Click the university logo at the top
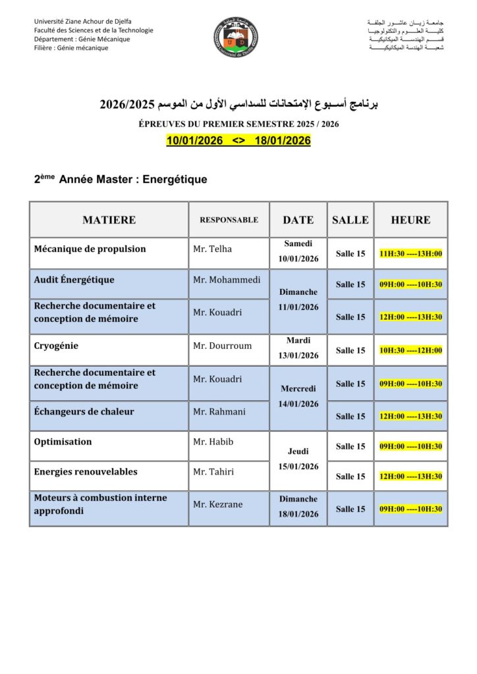(x=236, y=37)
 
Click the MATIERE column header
(x=109, y=220)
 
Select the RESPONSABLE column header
(x=229, y=220)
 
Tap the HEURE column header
(x=410, y=220)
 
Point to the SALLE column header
(x=350, y=220)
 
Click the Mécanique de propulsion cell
(x=90, y=249)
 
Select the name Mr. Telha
(x=213, y=249)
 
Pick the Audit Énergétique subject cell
(x=74, y=280)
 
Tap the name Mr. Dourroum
(x=222, y=346)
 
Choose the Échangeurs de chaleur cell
(x=84, y=412)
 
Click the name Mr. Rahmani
(x=219, y=412)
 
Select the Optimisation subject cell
(x=63, y=442)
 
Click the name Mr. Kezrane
(x=217, y=505)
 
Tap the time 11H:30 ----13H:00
(x=410, y=253)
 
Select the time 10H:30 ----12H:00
(x=410, y=350)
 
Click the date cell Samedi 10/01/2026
(x=298, y=251)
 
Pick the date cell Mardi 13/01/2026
(x=298, y=348)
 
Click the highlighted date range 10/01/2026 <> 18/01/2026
(x=238, y=141)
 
